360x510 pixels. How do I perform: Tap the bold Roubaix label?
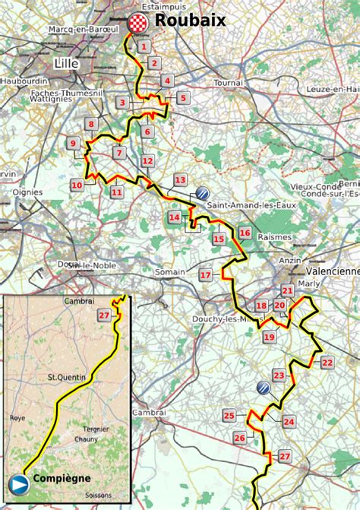click(191, 21)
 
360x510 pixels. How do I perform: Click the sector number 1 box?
click(142, 47)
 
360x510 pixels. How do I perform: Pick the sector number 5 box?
click(182, 97)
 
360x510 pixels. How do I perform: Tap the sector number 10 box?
click(77, 185)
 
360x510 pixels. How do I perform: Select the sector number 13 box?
click(180, 179)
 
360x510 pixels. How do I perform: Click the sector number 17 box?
click(206, 274)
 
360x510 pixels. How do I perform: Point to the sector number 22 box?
click(327, 363)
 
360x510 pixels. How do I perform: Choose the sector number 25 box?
click(229, 415)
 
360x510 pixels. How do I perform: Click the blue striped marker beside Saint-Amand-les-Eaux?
click(202, 192)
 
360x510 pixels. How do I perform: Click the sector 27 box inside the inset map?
click(104, 315)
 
